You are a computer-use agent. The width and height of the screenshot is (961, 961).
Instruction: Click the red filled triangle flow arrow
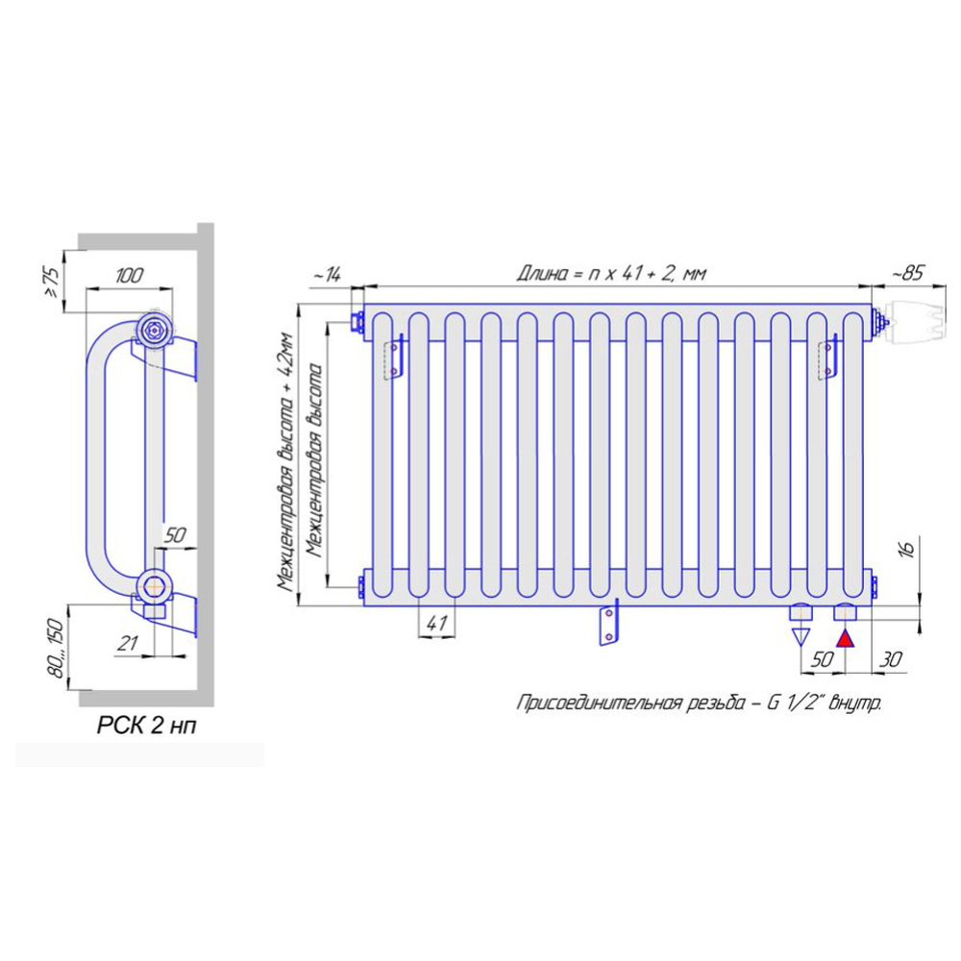tap(845, 639)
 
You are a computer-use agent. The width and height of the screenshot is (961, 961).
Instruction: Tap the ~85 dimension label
tap(907, 273)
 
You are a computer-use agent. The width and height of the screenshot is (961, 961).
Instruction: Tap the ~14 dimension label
tap(327, 275)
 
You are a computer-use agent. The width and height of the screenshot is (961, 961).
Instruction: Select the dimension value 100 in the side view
tap(129, 275)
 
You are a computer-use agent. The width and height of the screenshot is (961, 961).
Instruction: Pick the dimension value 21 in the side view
tap(128, 643)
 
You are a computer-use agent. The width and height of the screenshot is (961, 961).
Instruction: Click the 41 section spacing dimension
tap(435, 623)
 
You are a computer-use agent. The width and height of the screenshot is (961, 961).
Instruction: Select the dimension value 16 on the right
tap(908, 548)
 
